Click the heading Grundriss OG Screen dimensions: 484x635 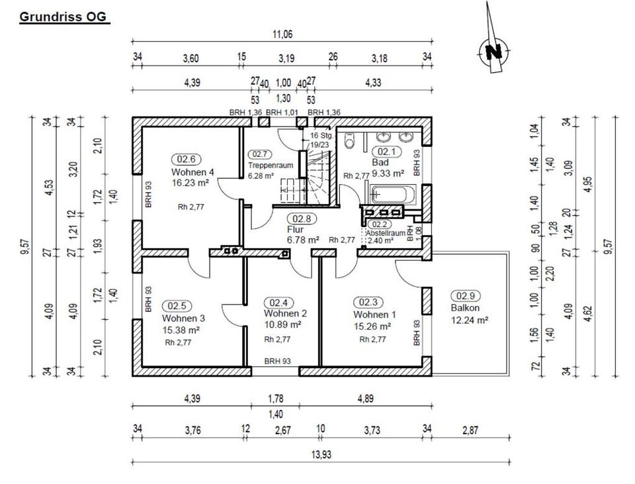(63, 18)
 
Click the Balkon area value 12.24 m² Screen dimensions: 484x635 (469, 319)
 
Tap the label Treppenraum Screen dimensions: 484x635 (266, 165)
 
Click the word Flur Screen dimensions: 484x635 (295, 229)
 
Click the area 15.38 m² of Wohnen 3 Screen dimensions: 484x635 (181, 329)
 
